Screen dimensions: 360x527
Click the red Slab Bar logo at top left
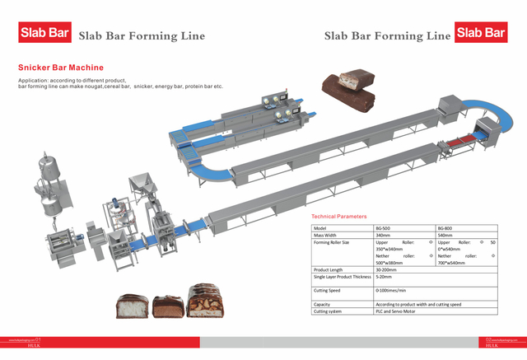[44, 34]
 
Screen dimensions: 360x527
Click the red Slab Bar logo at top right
[482, 33]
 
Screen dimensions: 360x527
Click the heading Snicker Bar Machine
[60, 68]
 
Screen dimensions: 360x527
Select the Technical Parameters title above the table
[339, 216]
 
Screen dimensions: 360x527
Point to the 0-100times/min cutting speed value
[394, 290]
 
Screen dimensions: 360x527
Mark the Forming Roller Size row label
[333, 243]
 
